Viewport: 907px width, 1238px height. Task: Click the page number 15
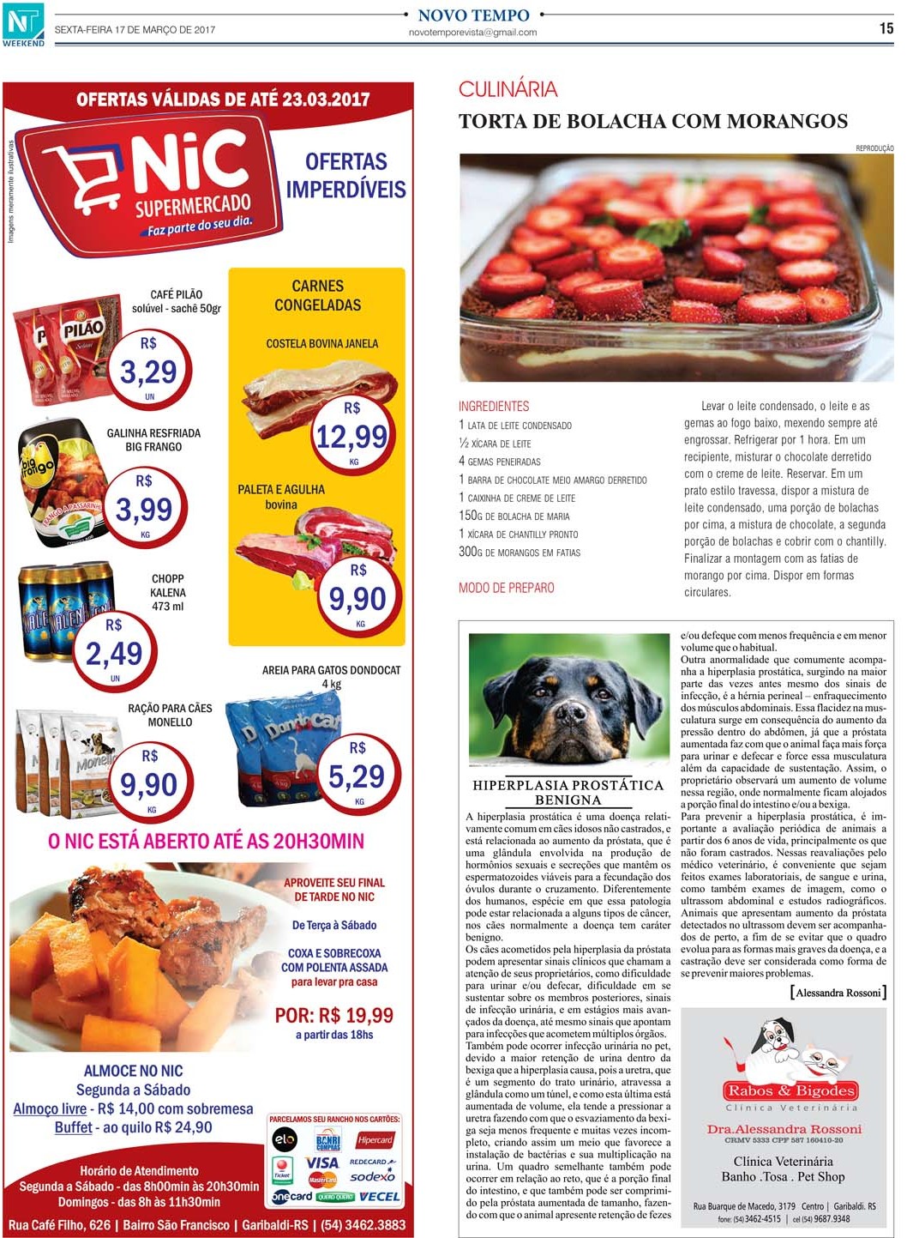point(886,28)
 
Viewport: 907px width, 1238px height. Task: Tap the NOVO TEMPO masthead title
point(473,15)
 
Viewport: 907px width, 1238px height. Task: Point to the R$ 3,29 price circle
point(149,368)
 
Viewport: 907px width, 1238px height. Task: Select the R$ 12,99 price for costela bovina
point(351,435)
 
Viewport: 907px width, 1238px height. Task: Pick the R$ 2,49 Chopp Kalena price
point(114,651)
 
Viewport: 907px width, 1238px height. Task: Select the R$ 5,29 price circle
point(358,774)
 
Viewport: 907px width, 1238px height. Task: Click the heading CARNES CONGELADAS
point(317,295)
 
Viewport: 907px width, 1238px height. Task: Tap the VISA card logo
point(322,1163)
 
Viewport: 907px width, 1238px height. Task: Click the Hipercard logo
point(375,1140)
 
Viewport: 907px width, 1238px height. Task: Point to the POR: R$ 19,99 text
point(333,1015)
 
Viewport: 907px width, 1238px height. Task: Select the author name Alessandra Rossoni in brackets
point(838,993)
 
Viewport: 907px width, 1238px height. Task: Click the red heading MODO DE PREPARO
point(506,588)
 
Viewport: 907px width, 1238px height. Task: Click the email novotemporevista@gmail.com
point(472,33)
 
